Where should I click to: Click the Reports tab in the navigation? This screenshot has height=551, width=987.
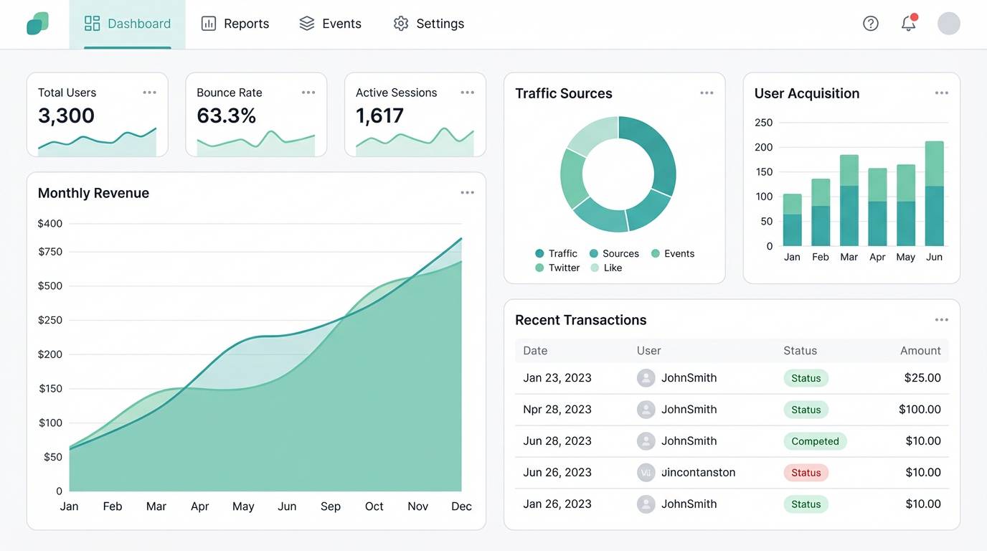235,24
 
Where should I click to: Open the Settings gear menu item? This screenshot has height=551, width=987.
429,24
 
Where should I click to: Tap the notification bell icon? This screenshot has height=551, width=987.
908,24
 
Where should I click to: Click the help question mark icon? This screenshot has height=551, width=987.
870,24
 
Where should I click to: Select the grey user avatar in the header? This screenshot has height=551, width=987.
948,24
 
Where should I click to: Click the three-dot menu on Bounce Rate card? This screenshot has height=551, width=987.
308,93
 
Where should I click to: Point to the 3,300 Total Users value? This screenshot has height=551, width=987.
66,116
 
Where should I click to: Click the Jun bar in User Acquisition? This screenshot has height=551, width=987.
934,194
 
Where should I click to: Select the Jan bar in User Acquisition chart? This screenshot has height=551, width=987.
792,220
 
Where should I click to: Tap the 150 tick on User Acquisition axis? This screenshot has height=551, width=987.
763,172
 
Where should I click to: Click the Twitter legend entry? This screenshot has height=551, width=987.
557,268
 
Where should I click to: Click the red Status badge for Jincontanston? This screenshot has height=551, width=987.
806,473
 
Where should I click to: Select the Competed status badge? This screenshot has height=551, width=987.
814,441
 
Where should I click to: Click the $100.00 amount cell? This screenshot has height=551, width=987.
919,410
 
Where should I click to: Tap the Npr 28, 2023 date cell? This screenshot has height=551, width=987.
557,410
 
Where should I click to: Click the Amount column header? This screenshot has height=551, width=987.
920,351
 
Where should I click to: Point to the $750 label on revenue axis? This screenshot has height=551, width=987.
50,252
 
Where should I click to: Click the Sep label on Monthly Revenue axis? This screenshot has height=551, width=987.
331,507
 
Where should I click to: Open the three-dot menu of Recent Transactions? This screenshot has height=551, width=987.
941,320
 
